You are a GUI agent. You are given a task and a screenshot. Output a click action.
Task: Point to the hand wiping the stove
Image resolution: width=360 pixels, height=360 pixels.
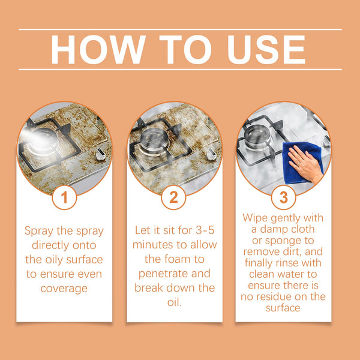click(305, 162)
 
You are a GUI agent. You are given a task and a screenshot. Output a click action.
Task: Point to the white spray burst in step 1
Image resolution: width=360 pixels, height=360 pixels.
click(31, 139)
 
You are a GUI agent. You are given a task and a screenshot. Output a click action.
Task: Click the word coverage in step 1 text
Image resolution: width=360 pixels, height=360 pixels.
click(64, 288)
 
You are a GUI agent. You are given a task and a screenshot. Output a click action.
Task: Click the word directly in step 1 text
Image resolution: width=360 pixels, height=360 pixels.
click(64, 245)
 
